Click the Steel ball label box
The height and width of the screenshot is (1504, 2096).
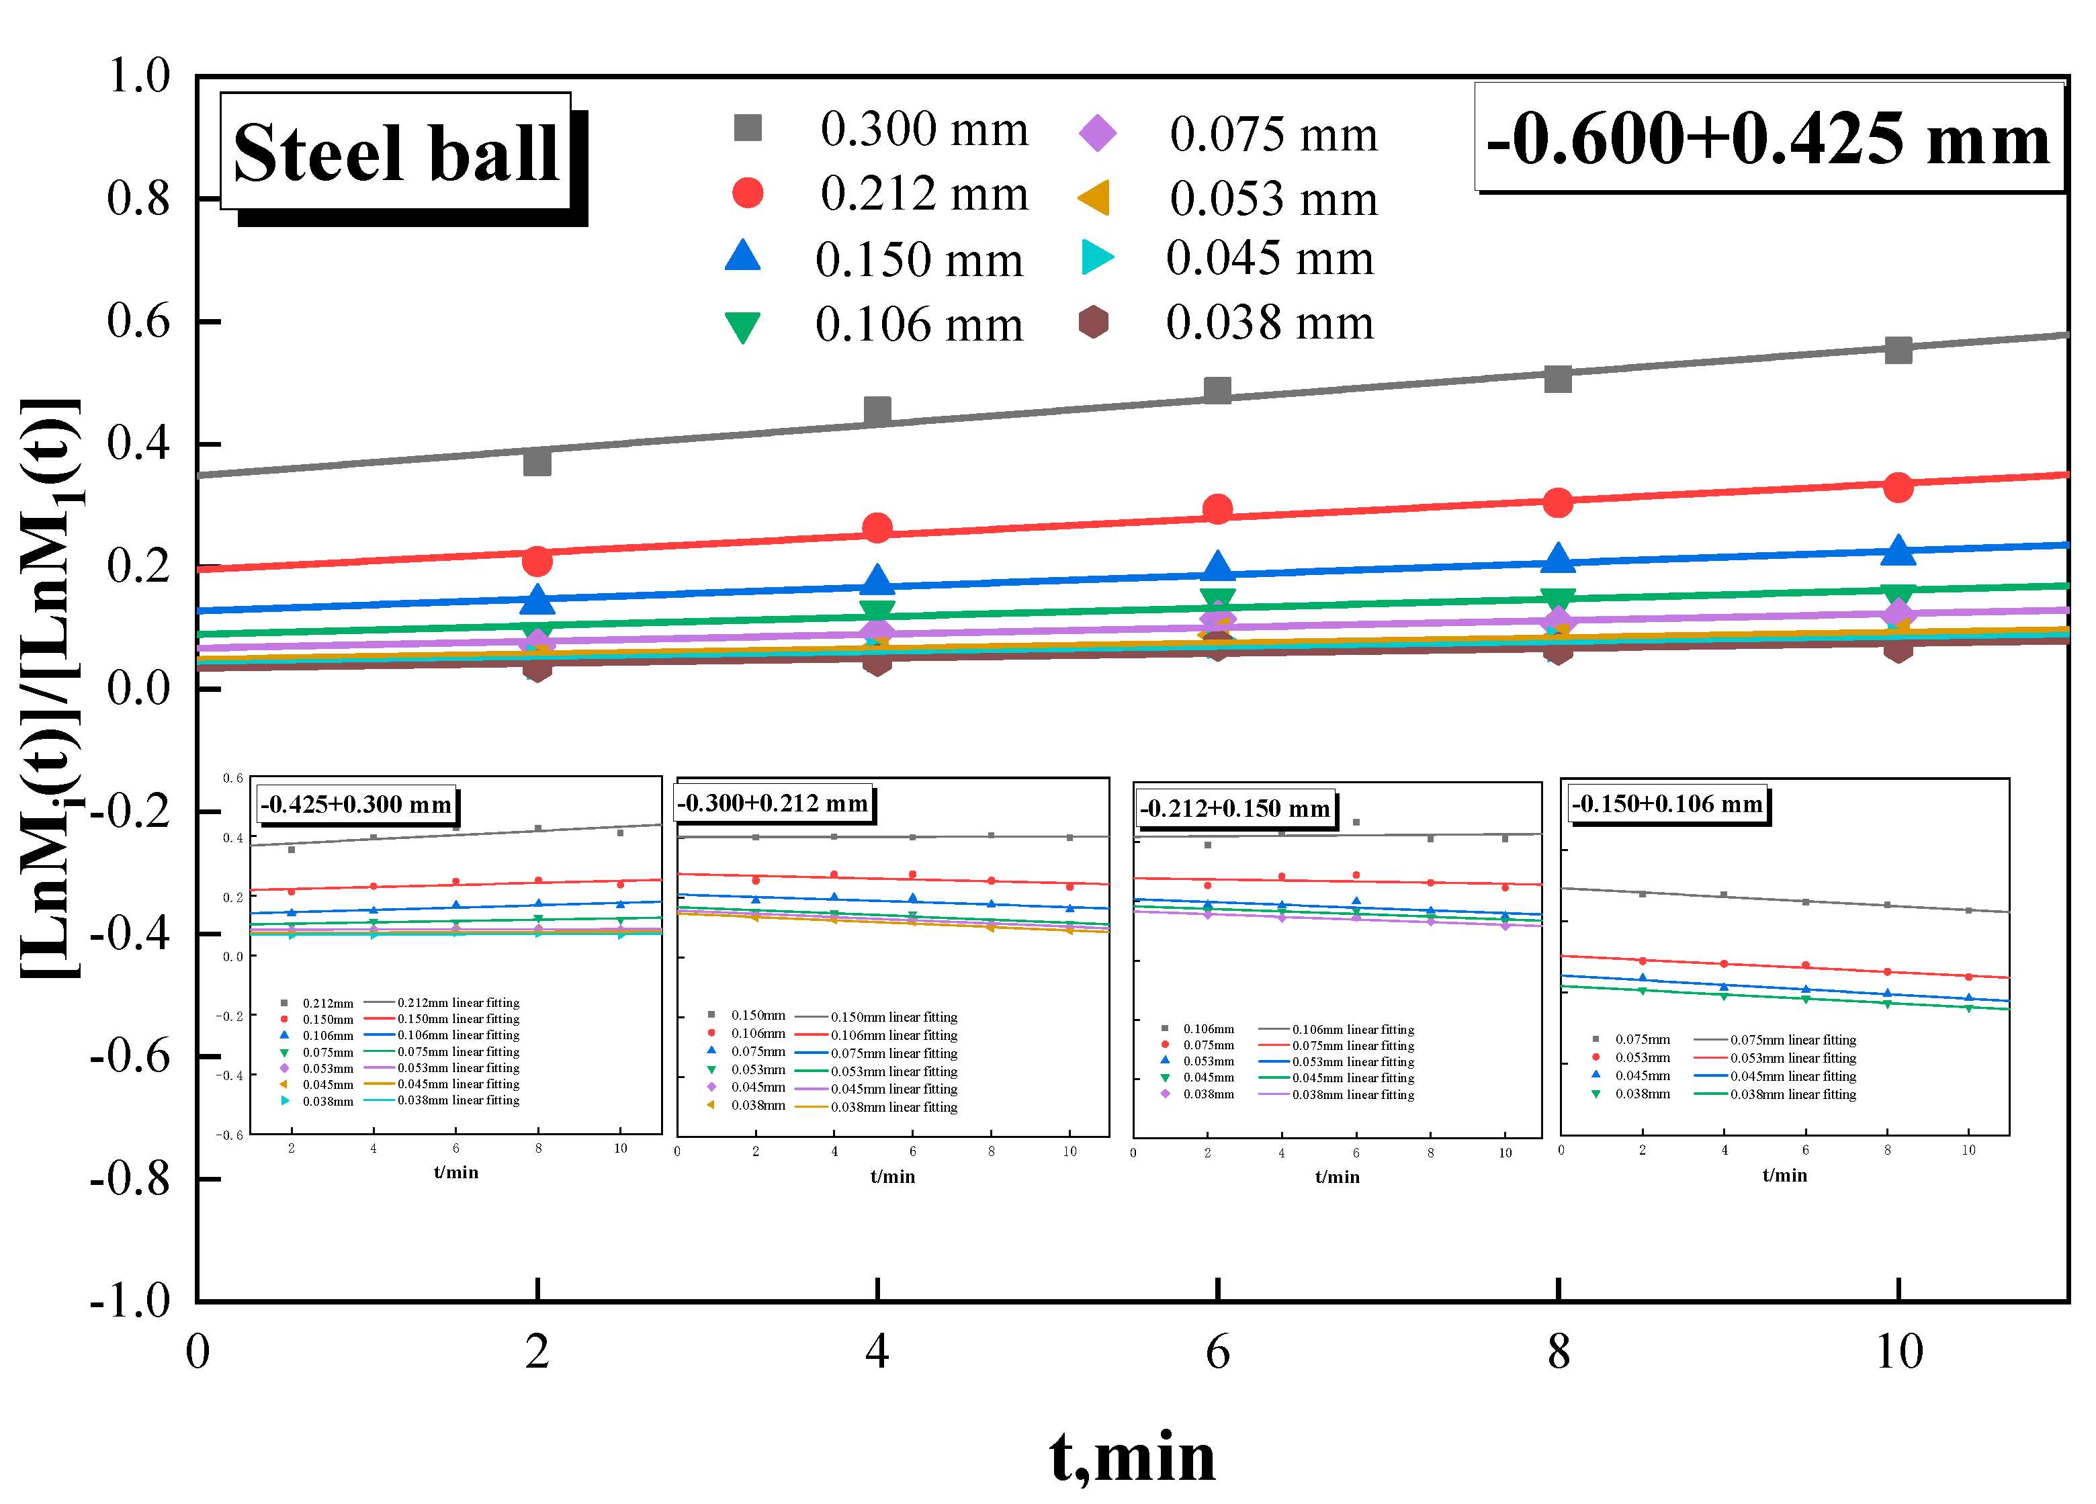point(396,152)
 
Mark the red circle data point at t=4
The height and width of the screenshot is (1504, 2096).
point(877,527)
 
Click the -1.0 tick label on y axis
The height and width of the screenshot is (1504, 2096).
point(130,1300)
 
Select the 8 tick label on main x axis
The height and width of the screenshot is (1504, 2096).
point(1558,1352)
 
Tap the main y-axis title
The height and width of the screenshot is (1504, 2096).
point(51,689)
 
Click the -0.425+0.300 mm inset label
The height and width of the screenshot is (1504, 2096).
point(356,805)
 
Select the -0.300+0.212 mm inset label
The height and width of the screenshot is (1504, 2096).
point(773,803)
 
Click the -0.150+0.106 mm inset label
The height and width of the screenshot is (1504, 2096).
point(1666,804)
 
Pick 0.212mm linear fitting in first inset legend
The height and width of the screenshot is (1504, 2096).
point(457,1002)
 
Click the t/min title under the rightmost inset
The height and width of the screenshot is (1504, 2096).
point(1784,1175)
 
